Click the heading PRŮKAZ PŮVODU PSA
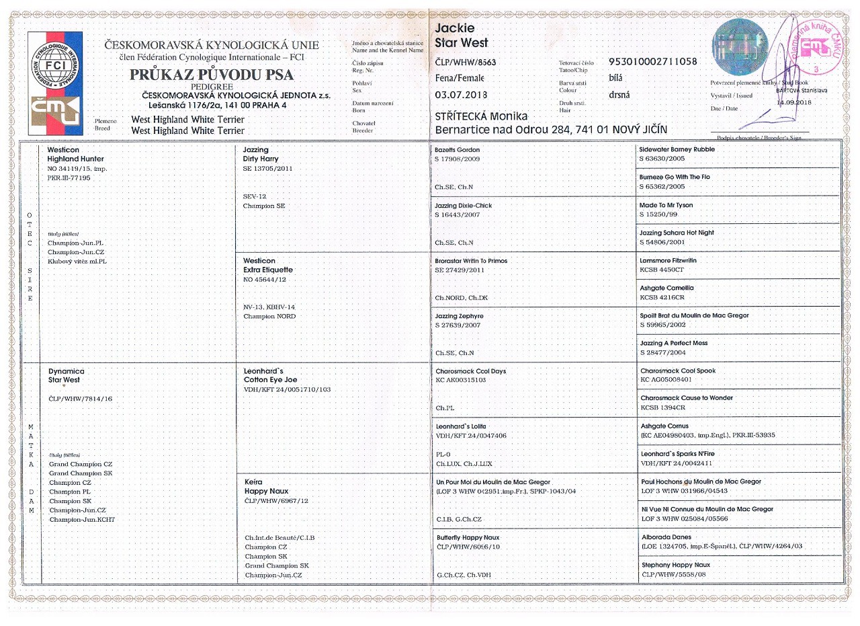(212, 75)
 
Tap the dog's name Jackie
(455, 28)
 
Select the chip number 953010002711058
(652, 62)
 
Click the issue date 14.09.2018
(794, 102)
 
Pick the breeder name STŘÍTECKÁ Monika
(481, 116)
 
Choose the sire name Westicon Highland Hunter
(75, 154)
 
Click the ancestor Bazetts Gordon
(458, 149)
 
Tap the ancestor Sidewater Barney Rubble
(677, 149)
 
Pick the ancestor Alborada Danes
(666, 537)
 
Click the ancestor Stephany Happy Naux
(675, 565)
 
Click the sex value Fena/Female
(460, 78)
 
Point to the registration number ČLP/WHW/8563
(465, 62)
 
